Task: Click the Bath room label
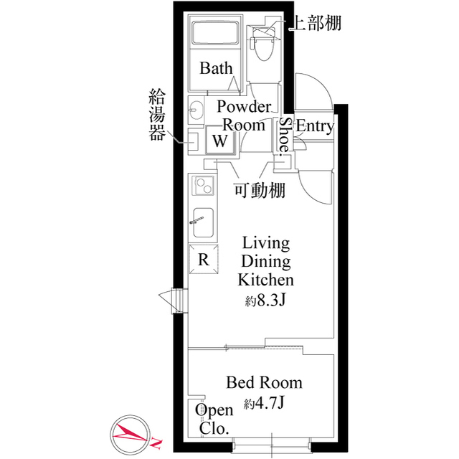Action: click(x=216, y=69)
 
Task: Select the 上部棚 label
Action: click(x=314, y=23)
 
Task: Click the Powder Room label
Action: click(x=244, y=115)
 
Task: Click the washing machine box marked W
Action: click(x=221, y=140)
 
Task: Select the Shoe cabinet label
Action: click(x=285, y=134)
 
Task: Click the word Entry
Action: click(x=315, y=127)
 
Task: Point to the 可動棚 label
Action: click(x=260, y=190)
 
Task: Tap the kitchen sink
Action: click(x=202, y=224)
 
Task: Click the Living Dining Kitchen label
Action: click(x=265, y=260)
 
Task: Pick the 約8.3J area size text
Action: click(x=265, y=301)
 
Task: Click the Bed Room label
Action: click(x=264, y=382)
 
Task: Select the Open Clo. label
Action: click(x=214, y=420)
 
